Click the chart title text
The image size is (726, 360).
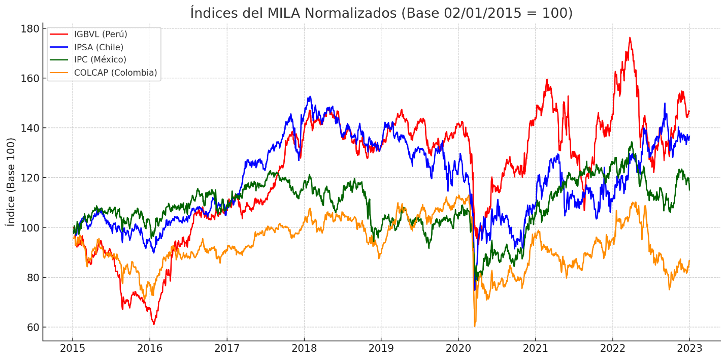(381, 13)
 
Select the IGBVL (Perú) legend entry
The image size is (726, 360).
(101, 35)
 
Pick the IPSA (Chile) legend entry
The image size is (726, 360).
(98, 47)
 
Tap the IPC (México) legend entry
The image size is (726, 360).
(100, 60)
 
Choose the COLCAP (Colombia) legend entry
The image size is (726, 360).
(115, 73)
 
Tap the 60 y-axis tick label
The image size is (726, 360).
(32, 328)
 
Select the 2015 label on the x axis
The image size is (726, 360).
(73, 349)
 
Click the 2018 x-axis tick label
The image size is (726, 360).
(304, 349)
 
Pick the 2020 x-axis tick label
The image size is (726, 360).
(458, 349)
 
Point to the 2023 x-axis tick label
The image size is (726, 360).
(689, 349)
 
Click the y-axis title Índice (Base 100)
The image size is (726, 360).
(11, 182)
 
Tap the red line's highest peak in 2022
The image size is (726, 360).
(630, 38)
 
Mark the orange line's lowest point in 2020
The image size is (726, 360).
(475, 326)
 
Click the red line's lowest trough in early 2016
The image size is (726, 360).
(154, 324)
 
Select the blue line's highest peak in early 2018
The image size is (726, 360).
(309, 96)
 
